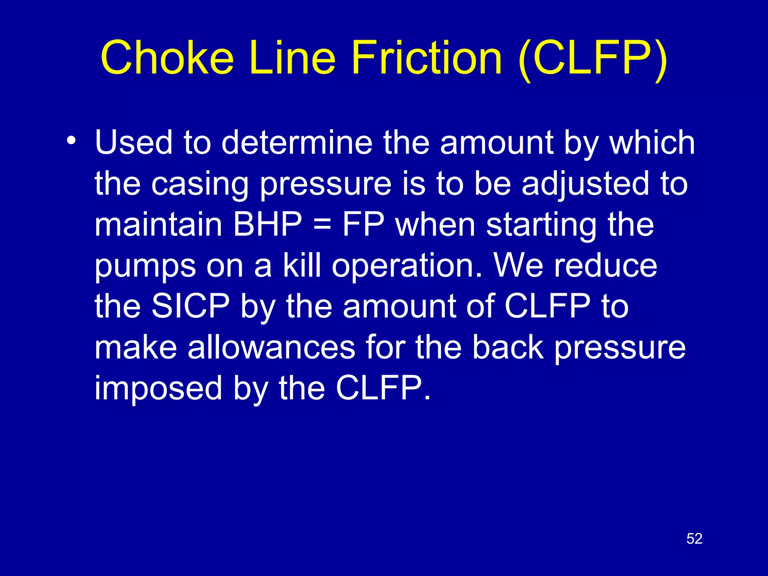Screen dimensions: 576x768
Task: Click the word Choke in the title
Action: coord(167,58)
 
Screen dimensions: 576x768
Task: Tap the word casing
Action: coord(199,184)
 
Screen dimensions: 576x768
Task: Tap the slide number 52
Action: coord(694,539)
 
